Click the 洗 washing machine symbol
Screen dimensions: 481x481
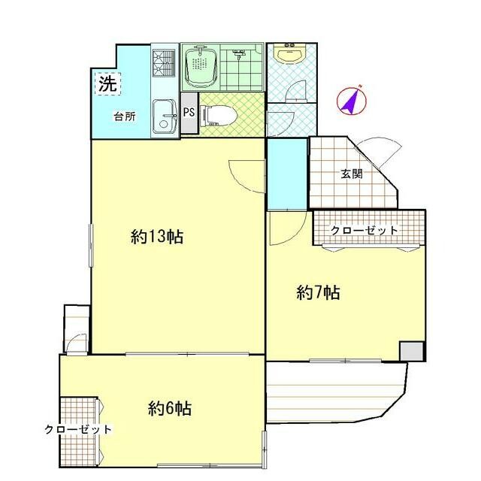[x=108, y=83]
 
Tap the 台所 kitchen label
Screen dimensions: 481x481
[x=125, y=116]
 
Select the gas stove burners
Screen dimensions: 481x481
[x=164, y=63]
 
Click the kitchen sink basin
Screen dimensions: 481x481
[x=165, y=116]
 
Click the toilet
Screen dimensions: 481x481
[x=218, y=115]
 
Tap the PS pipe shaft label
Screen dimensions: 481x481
[x=189, y=112]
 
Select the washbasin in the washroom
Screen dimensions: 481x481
[x=290, y=53]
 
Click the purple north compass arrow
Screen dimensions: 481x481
[x=352, y=100]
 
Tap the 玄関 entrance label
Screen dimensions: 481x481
[x=352, y=174]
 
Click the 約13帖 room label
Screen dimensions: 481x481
[x=157, y=237]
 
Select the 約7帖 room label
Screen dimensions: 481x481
[x=318, y=292]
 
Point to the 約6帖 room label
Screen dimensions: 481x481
[x=170, y=408]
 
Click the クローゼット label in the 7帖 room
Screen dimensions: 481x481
[x=365, y=230]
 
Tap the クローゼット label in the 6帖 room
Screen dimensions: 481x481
[x=78, y=429]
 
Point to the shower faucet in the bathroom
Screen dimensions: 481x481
[x=239, y=53]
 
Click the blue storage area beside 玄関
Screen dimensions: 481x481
[x=287, y=174]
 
